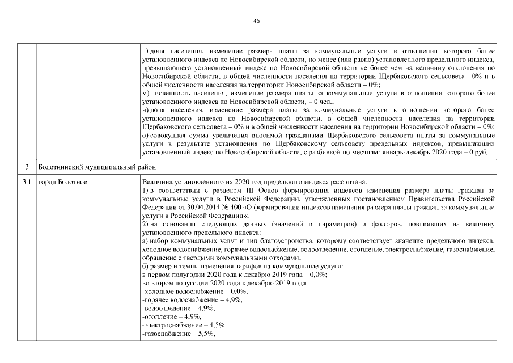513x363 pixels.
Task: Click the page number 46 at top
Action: click(256, 21)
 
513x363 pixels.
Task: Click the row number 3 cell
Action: click(26, 167)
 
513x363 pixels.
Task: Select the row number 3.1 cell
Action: click(26, 182)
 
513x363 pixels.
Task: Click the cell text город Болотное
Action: click(62, 182)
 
